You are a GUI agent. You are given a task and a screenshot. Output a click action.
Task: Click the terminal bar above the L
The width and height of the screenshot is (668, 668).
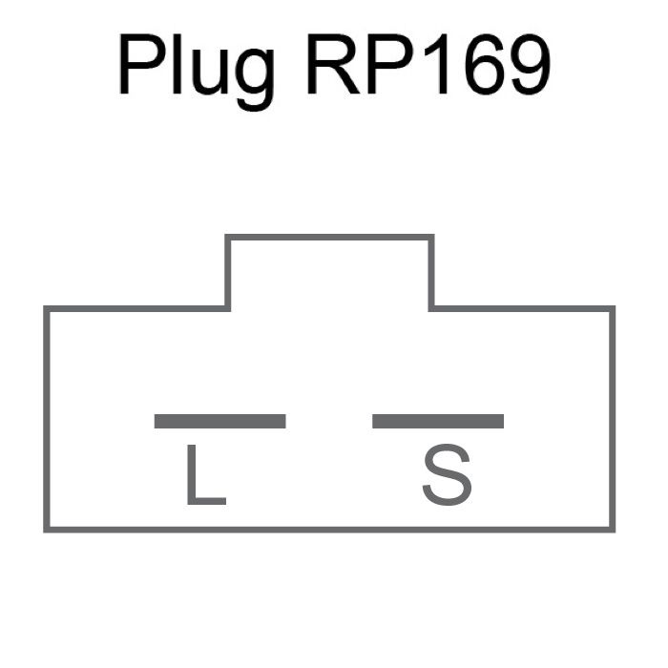219,421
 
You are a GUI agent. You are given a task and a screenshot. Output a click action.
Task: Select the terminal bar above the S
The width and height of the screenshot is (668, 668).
438,421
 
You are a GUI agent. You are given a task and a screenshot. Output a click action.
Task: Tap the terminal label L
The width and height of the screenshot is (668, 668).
203,475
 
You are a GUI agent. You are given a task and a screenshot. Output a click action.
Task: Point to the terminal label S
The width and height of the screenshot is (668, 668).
447,475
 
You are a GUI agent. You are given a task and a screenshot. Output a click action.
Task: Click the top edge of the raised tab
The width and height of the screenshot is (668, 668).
329,237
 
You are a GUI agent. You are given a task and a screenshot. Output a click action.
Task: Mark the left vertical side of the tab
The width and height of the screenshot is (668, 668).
227,272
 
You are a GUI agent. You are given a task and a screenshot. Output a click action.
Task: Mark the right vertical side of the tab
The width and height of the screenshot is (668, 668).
431,272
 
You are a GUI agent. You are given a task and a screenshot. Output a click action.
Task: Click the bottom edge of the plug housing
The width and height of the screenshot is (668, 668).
329,529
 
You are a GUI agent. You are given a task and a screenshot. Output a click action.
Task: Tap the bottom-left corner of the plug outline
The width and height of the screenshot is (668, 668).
46,529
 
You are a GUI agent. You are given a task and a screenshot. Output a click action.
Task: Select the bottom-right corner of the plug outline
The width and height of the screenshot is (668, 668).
613,529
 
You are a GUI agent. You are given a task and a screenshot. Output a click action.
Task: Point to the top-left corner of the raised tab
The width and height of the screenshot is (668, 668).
227,237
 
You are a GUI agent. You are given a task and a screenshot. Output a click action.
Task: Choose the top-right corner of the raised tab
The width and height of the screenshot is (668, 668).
431,237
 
